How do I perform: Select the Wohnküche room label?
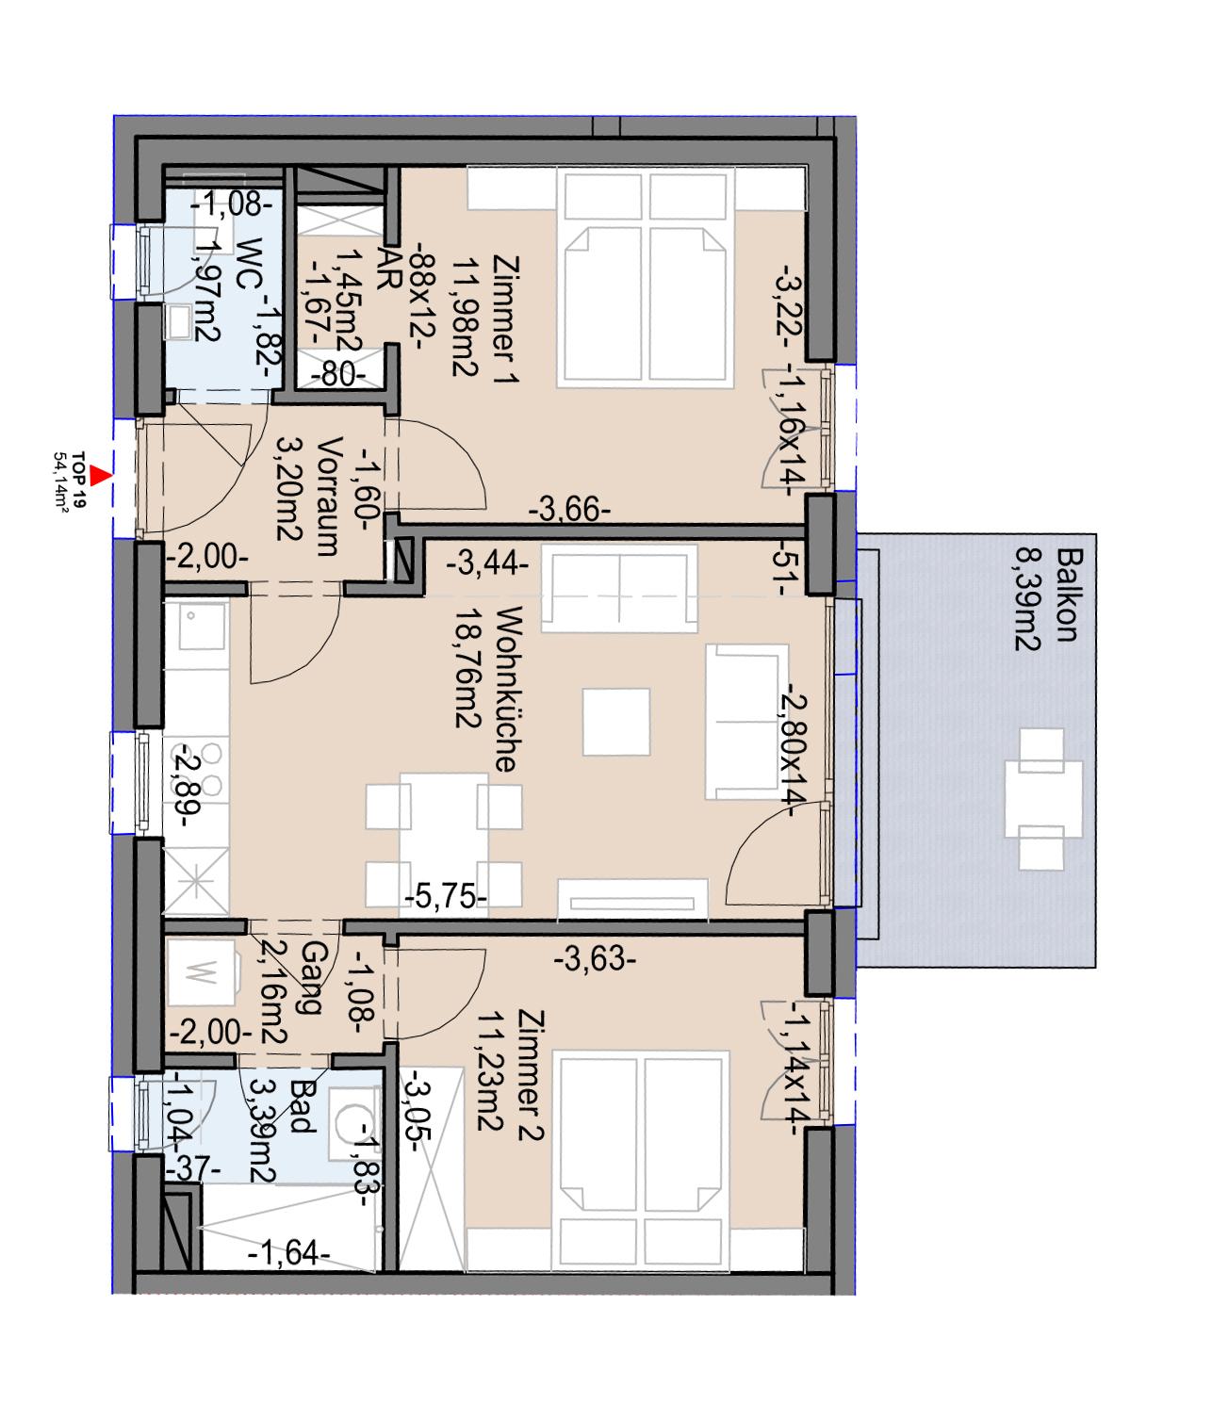coord(504,689)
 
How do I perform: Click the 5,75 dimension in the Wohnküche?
coord(446,898)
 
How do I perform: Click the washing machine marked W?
coord(203,972)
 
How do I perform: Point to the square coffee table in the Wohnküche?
coord(615,722)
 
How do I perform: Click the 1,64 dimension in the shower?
coord(288,1253)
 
